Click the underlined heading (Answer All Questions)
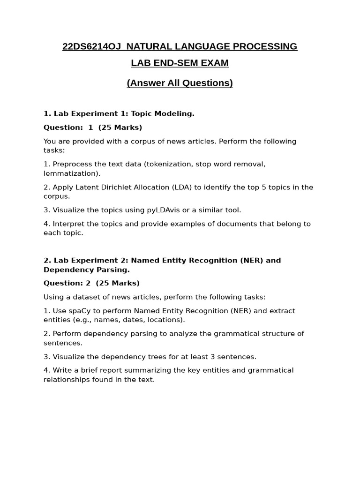click(x=180, y=83)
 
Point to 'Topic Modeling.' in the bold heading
click(x=163, y=113)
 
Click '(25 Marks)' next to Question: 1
click(x=120, y=127)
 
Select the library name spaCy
click(x=78, y=311)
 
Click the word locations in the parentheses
click(x=165, y=320)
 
